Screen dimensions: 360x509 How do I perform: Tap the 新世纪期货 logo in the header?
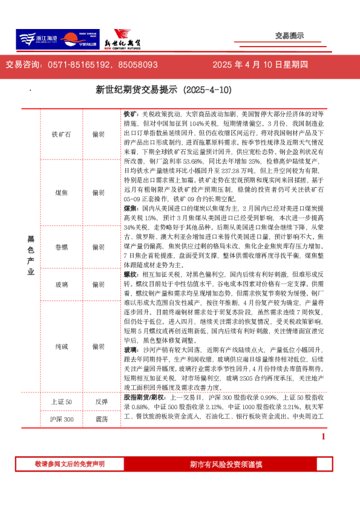[127, 40]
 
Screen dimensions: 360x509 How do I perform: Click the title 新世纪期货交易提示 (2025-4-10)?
[164, 90]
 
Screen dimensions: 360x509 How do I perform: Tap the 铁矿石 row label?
[62, 135]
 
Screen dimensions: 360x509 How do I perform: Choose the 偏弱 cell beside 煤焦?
[98, 193]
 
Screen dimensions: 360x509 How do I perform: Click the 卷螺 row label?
[62, 247]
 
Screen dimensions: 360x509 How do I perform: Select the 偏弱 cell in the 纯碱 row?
[98, 347]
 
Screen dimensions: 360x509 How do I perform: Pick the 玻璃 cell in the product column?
[62, 284]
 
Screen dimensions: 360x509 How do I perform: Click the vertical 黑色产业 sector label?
[31, 255]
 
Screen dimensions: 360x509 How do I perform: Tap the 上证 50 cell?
[62, 402]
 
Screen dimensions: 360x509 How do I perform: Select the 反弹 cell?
[101, 402]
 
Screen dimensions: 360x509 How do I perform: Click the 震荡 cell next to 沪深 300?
[101, 420]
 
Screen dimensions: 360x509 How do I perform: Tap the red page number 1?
[323, 436]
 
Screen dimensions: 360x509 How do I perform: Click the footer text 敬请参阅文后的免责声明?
[69, 464]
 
